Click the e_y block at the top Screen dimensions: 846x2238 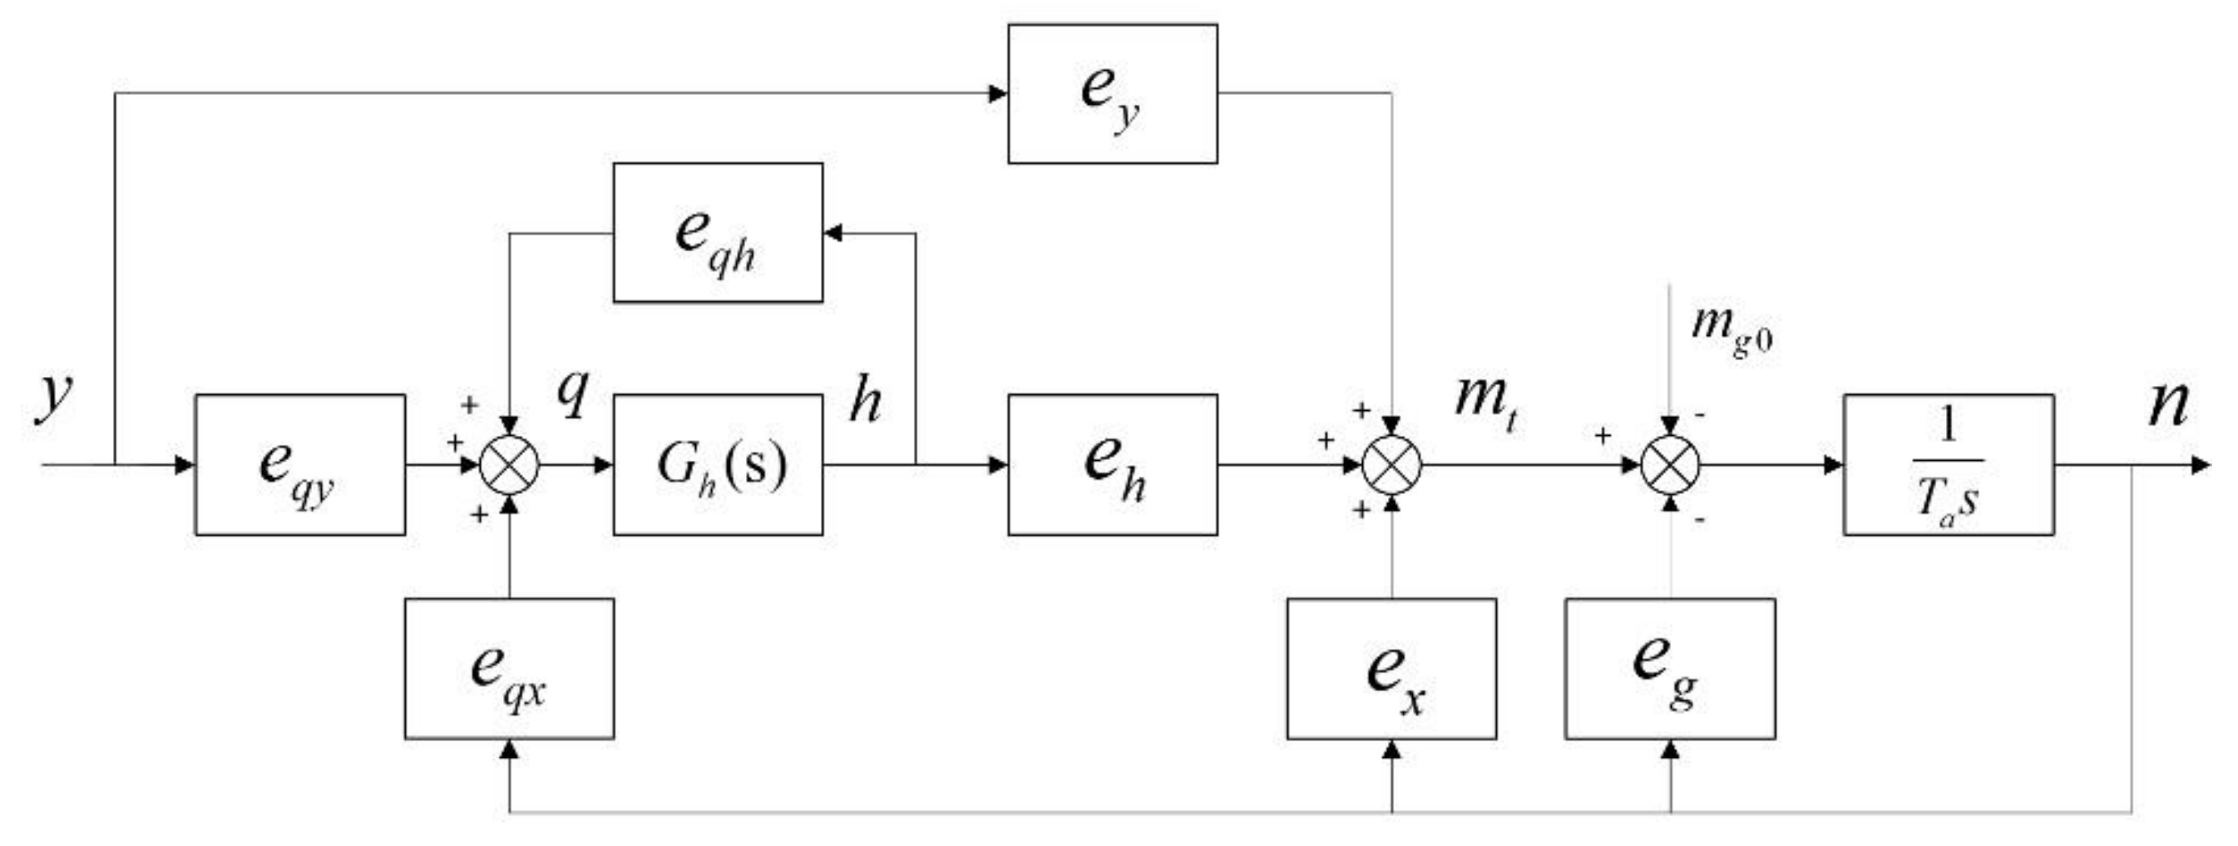click(x=1112, y=94)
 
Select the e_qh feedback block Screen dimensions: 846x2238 click(x=718, y=233)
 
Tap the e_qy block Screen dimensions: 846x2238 click(x=299, y=465)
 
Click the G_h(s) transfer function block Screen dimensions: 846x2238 click(x=718, y=465)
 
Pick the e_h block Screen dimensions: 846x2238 click(x=1112, y=465)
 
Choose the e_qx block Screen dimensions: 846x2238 click(x=509, y=669)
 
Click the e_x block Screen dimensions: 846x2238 click(x=1391, y=669)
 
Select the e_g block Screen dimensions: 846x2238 click(x=1670, y=669)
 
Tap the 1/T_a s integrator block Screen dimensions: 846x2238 click(x=1949, y=465)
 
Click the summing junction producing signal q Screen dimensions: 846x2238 click(x=510, y=465)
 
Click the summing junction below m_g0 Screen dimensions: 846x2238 click(x=1670, y=465)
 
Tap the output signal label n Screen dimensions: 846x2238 click(x=2168, y=404)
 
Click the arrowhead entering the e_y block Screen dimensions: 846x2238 click(x=998, y=94)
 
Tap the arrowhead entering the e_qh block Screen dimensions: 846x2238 click(x=833, y=233)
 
